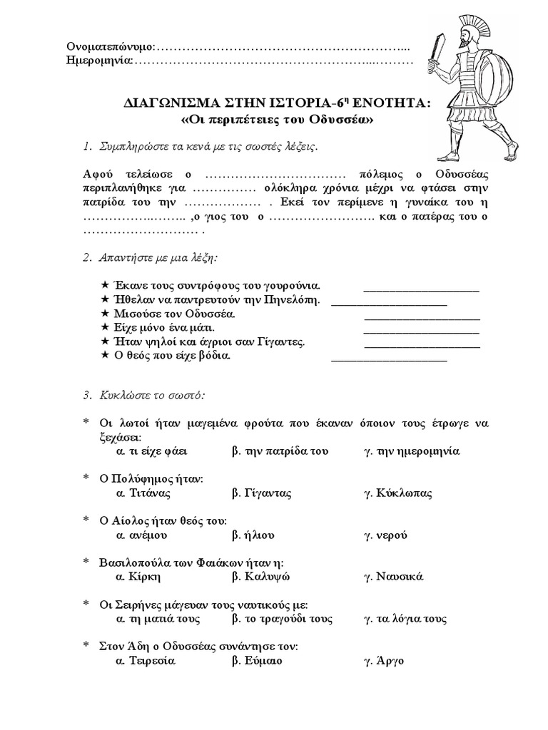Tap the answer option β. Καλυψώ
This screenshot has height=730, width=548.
click(x=262, y=576)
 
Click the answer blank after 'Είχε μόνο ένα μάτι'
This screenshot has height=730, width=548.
click(x=422, y=331)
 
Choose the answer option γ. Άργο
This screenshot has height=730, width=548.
click(x=385, y=660)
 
